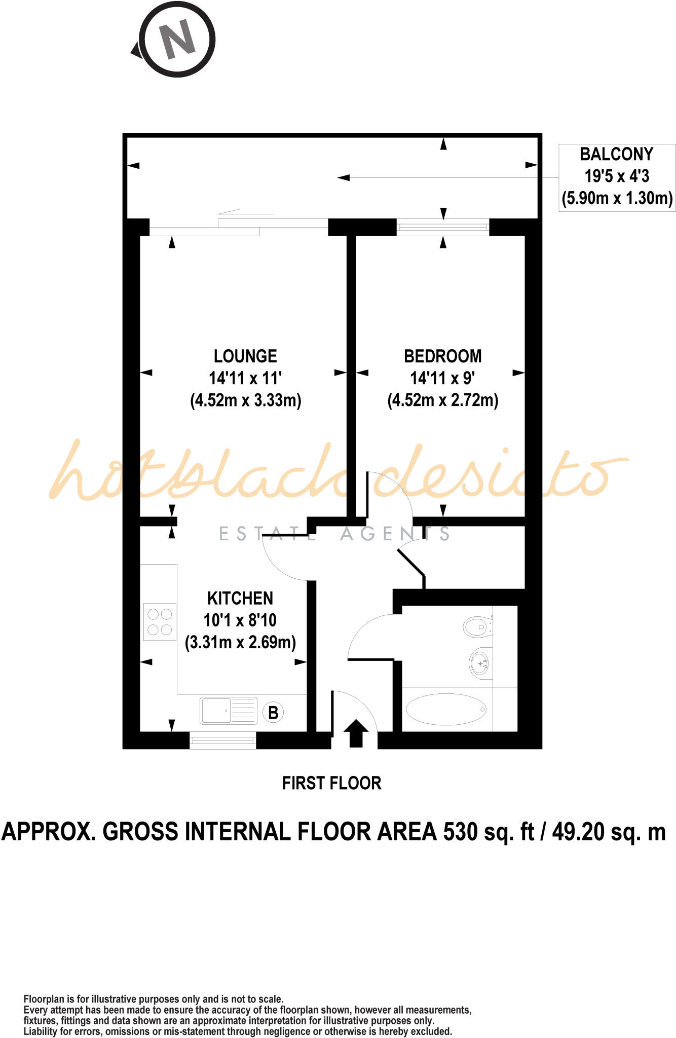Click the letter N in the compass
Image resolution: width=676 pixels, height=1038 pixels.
(x=177, y=39)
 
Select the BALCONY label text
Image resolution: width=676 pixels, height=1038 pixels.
(x=616, y=154)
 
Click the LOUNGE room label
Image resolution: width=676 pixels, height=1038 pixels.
(x=245, y=356)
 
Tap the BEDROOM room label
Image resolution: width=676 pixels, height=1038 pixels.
(x=442, y=356)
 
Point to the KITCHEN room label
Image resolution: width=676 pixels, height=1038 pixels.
(x=240, y=599)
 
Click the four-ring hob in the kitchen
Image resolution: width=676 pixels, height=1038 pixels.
(x=160, y=622)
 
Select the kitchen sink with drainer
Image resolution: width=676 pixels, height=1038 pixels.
(x=229, y=711)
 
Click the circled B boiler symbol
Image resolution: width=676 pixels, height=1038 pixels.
(x=273, y=713)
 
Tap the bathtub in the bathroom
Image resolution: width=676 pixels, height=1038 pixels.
(x=446, y=709)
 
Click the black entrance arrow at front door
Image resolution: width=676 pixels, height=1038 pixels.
(x=356, y=733)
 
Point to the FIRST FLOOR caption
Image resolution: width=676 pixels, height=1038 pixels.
(x=331, y=783)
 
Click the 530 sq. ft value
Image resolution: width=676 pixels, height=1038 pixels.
(x=489, y=832)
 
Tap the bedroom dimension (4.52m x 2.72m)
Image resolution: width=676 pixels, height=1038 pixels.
(x=442, y=400)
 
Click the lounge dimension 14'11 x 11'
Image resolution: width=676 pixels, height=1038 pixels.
(x=245, y=378)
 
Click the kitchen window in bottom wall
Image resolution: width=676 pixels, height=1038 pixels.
(x=222, y=741)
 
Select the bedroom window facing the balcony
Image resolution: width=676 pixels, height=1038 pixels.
(x=442, y=227)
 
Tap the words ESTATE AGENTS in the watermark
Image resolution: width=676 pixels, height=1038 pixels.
(x=334, y=534)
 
